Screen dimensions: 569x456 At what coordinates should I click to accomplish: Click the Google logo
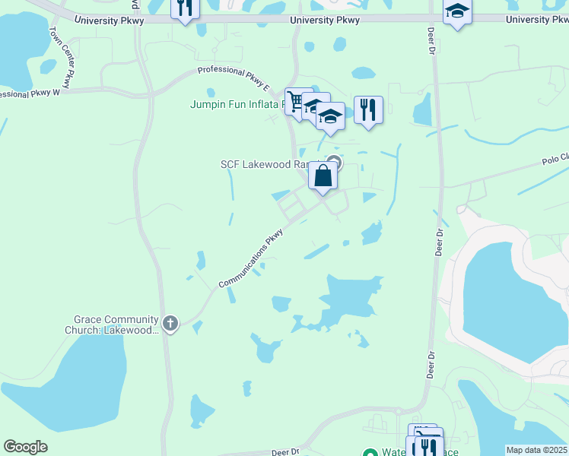click(x=25, y=447)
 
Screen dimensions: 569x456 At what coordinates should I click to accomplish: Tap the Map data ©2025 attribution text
click(x=536, y=450)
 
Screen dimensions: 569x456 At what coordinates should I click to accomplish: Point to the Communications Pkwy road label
click(x=251, y=259)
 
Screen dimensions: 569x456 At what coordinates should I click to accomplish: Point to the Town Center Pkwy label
click(x=65, y=56)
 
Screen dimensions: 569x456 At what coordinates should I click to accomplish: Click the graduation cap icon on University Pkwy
click(x=457, y=11)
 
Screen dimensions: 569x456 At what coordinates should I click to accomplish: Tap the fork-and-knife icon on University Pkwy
click(x=184, y=8)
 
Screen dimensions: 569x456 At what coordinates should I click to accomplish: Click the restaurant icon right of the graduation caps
click(x=368, y=109)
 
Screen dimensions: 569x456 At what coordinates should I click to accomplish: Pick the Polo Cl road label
click(x=555, y=159)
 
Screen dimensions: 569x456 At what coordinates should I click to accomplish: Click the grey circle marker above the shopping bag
click(x=333, y=162)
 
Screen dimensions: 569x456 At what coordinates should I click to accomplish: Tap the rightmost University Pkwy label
click(x=537, y=19)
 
